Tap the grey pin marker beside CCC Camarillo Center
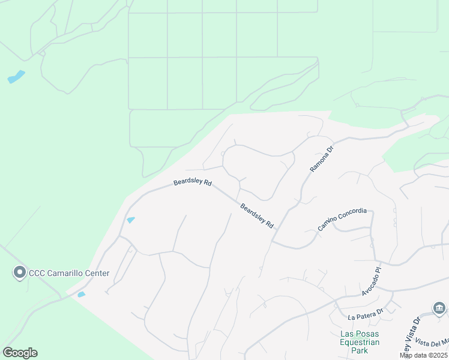coord(19,273)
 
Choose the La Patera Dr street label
coord(365,314)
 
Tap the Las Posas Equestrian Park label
coord(359,342)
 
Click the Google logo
coord(20,353)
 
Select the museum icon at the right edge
coord(439,308)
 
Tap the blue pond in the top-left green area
coord(16,77)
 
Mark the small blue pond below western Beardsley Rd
coord(131,220)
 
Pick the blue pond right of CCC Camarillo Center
coord(82,294)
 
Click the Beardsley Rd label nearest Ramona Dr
coord(257,216)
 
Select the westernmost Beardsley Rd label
coord(192,182)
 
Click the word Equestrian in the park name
coord(359,342)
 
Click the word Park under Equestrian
coord(359,350)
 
